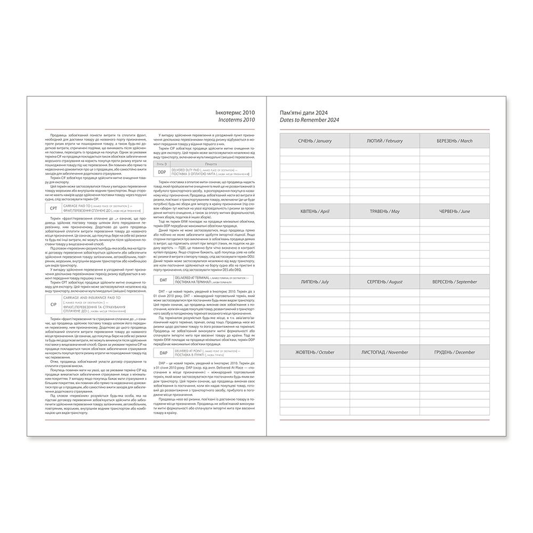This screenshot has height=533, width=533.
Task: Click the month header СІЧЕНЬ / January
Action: pyautogui.click(x=314, y=141)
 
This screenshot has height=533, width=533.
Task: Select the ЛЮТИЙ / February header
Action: pyautogui.click(x=385, y=141)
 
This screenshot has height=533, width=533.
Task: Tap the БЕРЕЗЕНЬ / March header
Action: pyautogui.click(x=455, y=141)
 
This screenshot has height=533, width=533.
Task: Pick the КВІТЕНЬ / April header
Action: pyautogui.click(x=314, y=211)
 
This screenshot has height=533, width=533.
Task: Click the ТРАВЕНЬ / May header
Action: pyautogui.click(x=385, y=211)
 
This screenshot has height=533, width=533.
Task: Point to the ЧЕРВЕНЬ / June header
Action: pyautogui.click(x=455, y=211)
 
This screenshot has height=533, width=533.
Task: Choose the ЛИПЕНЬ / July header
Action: pyautogui.click(x=314, y=281)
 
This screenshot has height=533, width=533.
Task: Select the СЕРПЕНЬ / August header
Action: pyautogui.click(x=385, y=281)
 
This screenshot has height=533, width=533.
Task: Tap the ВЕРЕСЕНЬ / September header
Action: pyautogui.click(x=455, y=281)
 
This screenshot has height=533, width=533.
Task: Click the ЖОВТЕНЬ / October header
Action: pyautogui.click(x=314, y=352)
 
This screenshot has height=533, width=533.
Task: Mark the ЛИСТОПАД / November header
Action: pyautogui.click(x=385, y=352)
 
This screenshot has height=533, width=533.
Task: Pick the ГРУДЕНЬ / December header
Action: pyautogui.click(x=455, y=352)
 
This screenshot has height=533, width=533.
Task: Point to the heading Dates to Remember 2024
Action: pyautogui.click(x=309, y=120)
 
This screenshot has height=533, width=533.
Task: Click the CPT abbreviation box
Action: pyautogui.click(x=53, y=209)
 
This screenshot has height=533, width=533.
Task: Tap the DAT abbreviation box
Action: pyautogui.click(x=163, y=280)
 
